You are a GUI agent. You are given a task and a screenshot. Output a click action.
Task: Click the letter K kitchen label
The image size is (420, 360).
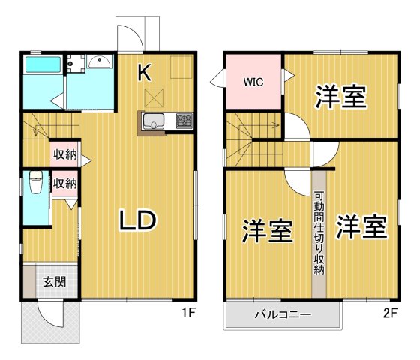(145, 73)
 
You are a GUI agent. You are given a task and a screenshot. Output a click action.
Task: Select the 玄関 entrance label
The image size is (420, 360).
(53, 282)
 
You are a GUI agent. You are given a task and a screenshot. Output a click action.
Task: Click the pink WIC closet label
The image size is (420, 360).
(251, 82)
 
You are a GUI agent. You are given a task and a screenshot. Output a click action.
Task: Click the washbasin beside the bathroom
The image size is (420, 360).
(99, 63)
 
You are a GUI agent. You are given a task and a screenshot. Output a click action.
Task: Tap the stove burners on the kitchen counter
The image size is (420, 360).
(184, 120)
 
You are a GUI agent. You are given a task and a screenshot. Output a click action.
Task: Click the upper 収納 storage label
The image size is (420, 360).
(64, 155)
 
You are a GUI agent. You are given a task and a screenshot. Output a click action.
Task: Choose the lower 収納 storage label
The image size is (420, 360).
(64, 182)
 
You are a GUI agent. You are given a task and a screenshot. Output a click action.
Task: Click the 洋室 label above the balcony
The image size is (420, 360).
(267, 230)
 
